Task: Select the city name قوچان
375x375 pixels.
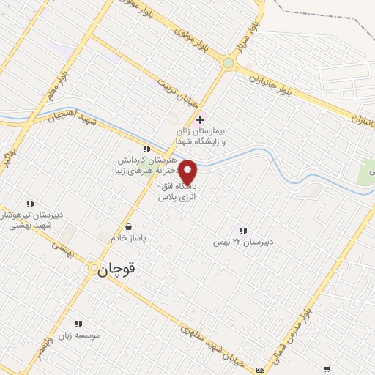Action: pyautogui.click(x=116, y=269)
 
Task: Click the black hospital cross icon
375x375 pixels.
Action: pyautogui.click(x=200, y=119)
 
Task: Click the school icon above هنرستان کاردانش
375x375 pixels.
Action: pyautogui.click(x=146, y=148)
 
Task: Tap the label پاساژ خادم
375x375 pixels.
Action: pyautogui.click(x=129, y=239)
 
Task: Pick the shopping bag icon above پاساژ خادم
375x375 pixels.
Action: pyautogui.click(x=129, y=227)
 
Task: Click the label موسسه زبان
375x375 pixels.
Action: pyautogui.click(x=80, y=335)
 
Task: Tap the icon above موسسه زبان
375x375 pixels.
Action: pyautogui.click(x=79, y=323)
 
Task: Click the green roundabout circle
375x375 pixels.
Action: pyautogui.click(x=229, y=64)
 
